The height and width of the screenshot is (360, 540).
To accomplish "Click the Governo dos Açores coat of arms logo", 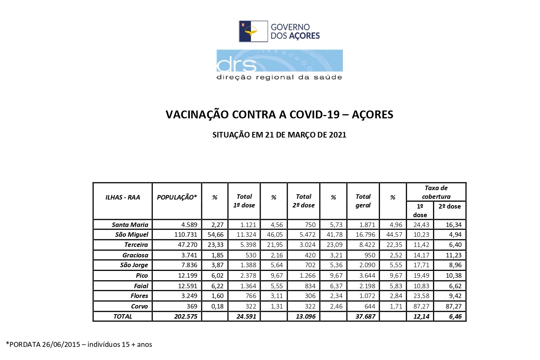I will (x=253, y=32).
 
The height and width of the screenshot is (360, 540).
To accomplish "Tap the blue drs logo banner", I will (x=279, y=61).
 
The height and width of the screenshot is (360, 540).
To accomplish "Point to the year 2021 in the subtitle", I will (x=338, y=135).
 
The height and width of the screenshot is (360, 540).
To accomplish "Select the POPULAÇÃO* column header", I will (x=176, y=197).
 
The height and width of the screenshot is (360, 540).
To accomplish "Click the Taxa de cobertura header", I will (x=436, y=192).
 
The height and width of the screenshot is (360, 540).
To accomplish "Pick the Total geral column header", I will (x=363, y=201).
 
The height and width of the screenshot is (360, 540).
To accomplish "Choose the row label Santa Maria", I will (x=130, y=225).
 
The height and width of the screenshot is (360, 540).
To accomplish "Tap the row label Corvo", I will (x=139, y=306).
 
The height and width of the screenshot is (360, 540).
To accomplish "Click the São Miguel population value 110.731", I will (x=186, y=234).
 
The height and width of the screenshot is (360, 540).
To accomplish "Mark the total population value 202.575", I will (x=186, y=316).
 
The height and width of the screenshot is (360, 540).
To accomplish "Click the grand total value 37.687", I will (x=365, y=316).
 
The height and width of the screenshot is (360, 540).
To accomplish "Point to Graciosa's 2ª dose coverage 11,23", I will (x=453, y=255).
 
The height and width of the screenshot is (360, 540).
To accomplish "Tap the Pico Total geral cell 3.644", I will (x=367, y=275).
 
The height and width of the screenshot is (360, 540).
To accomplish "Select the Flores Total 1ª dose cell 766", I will (x=250, y=296).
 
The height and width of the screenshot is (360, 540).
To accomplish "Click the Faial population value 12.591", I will (x=187, y=286).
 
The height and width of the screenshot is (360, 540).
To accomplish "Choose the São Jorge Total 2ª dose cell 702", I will (x=310, y=265).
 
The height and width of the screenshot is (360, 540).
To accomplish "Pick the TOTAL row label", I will (x=123, y=316).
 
